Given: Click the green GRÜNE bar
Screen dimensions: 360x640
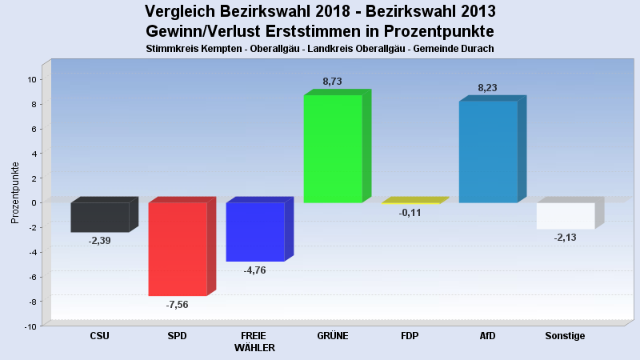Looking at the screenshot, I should point(333,148).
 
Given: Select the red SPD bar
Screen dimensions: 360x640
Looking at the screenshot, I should point(178,249).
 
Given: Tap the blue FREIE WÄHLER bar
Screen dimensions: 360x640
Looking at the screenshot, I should point(255,231).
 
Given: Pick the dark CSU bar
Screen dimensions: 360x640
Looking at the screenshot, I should point(100,217).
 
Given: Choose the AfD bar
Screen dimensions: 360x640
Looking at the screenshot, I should point(488,151).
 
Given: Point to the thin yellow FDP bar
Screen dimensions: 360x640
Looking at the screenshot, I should point(410,203).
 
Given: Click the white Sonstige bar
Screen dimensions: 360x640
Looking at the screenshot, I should point(566,215).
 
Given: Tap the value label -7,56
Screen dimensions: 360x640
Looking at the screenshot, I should point(177,305).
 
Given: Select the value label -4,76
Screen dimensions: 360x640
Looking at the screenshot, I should point(254,270).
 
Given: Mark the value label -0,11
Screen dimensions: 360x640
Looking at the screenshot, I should point(410,213).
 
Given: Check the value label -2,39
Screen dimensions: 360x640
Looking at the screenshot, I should point(99,241).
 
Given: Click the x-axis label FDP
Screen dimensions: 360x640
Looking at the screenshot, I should point(410,336).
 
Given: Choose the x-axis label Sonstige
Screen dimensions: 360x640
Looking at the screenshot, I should point(565,336).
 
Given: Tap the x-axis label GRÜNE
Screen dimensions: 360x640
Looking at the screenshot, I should point(333,336).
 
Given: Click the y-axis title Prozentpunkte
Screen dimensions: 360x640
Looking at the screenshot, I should point(15,192).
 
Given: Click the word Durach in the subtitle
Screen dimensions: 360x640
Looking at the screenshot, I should point(477,49).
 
